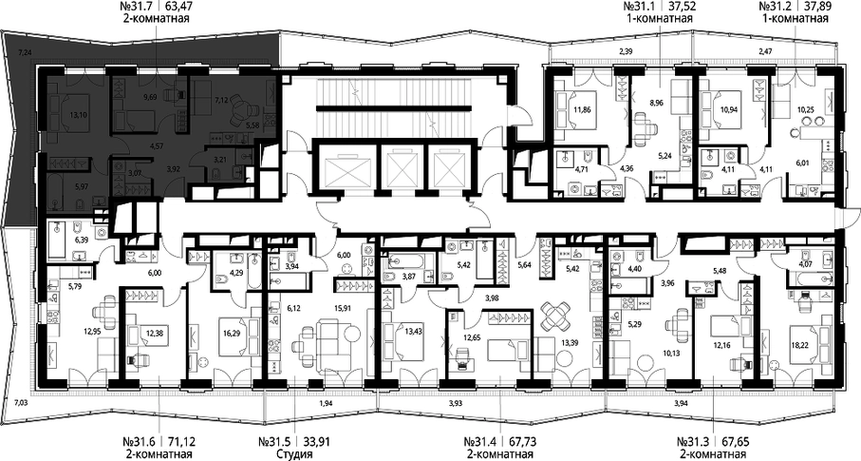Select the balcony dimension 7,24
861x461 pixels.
tap(24, 52)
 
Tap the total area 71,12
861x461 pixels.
tap(179, 441)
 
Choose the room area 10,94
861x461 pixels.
tap(728, 110)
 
